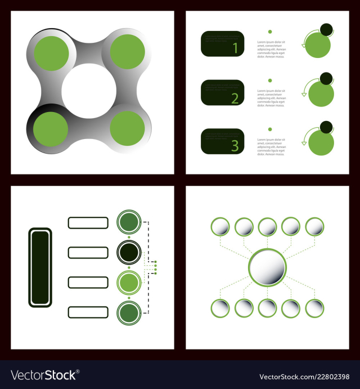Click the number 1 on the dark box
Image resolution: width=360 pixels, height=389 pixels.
coord(235,49)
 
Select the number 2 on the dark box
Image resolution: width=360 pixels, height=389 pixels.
coord(235,99)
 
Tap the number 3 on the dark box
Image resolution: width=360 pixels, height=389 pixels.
coord(235,146)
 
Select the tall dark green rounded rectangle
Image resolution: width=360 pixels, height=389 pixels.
coord(40,267)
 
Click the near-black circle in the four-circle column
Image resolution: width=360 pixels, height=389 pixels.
coord(128,252)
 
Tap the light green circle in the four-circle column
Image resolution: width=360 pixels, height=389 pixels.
coord(128,282)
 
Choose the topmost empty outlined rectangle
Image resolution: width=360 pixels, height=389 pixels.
coord(88,222)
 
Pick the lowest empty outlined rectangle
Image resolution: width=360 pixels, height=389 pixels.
coord(88,312)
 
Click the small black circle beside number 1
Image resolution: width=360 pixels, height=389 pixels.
coord(326,29)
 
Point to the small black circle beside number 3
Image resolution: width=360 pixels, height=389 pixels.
coord(326,127)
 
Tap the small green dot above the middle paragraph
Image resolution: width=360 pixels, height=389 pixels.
coord(270,81)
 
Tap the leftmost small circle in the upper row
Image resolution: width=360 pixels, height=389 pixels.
coord(220,227)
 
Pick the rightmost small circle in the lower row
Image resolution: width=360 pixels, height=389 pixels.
coord(314,308)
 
